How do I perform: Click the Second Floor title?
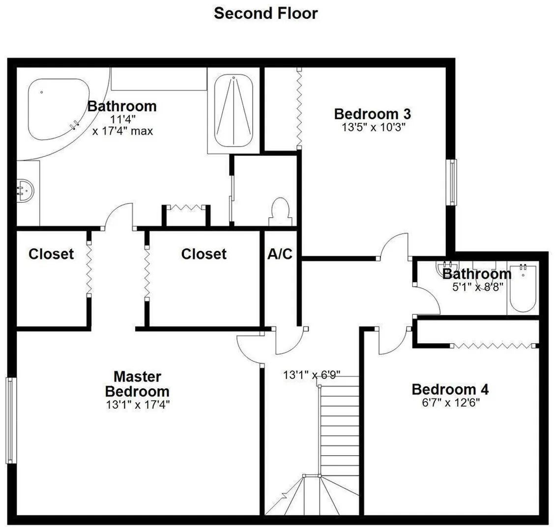(266, 13)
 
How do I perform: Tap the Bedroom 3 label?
(372, 114)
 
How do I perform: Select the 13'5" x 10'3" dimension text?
(373, 127)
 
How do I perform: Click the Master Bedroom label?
(137, 383)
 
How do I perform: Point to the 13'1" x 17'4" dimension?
(138, 404)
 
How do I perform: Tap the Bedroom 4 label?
(450, 389)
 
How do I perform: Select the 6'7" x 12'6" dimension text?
(451, 403)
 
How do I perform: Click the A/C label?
(280, 254)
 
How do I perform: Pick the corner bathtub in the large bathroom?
(59, 109)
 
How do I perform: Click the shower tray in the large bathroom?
(234, 111)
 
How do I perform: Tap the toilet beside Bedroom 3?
(281, 212)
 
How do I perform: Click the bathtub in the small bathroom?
(523, 288)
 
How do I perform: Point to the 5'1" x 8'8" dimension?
(477, 287)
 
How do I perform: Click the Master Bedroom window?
(11, 420)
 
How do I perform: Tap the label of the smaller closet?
(51, 254)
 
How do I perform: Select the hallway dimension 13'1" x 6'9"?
(312, 375)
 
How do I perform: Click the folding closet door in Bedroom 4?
(495, 346)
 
